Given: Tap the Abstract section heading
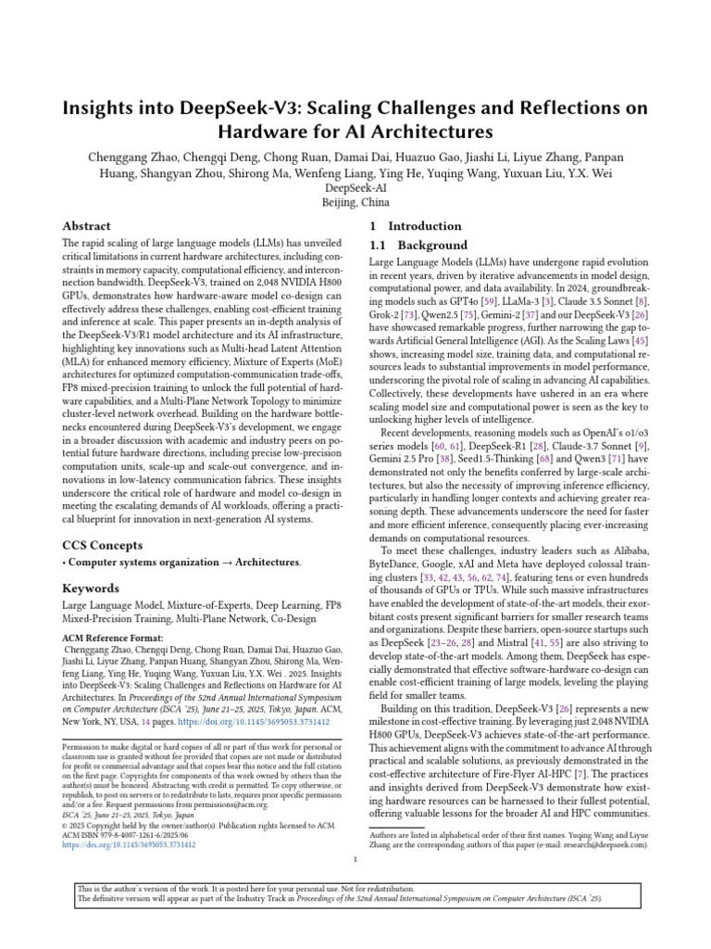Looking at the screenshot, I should (x=86, y=226).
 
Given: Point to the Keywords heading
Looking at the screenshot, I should (x=90, y=588).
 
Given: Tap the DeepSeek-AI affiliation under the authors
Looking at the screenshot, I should (x=355, y=187).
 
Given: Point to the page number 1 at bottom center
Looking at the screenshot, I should (x=355, y=859).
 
